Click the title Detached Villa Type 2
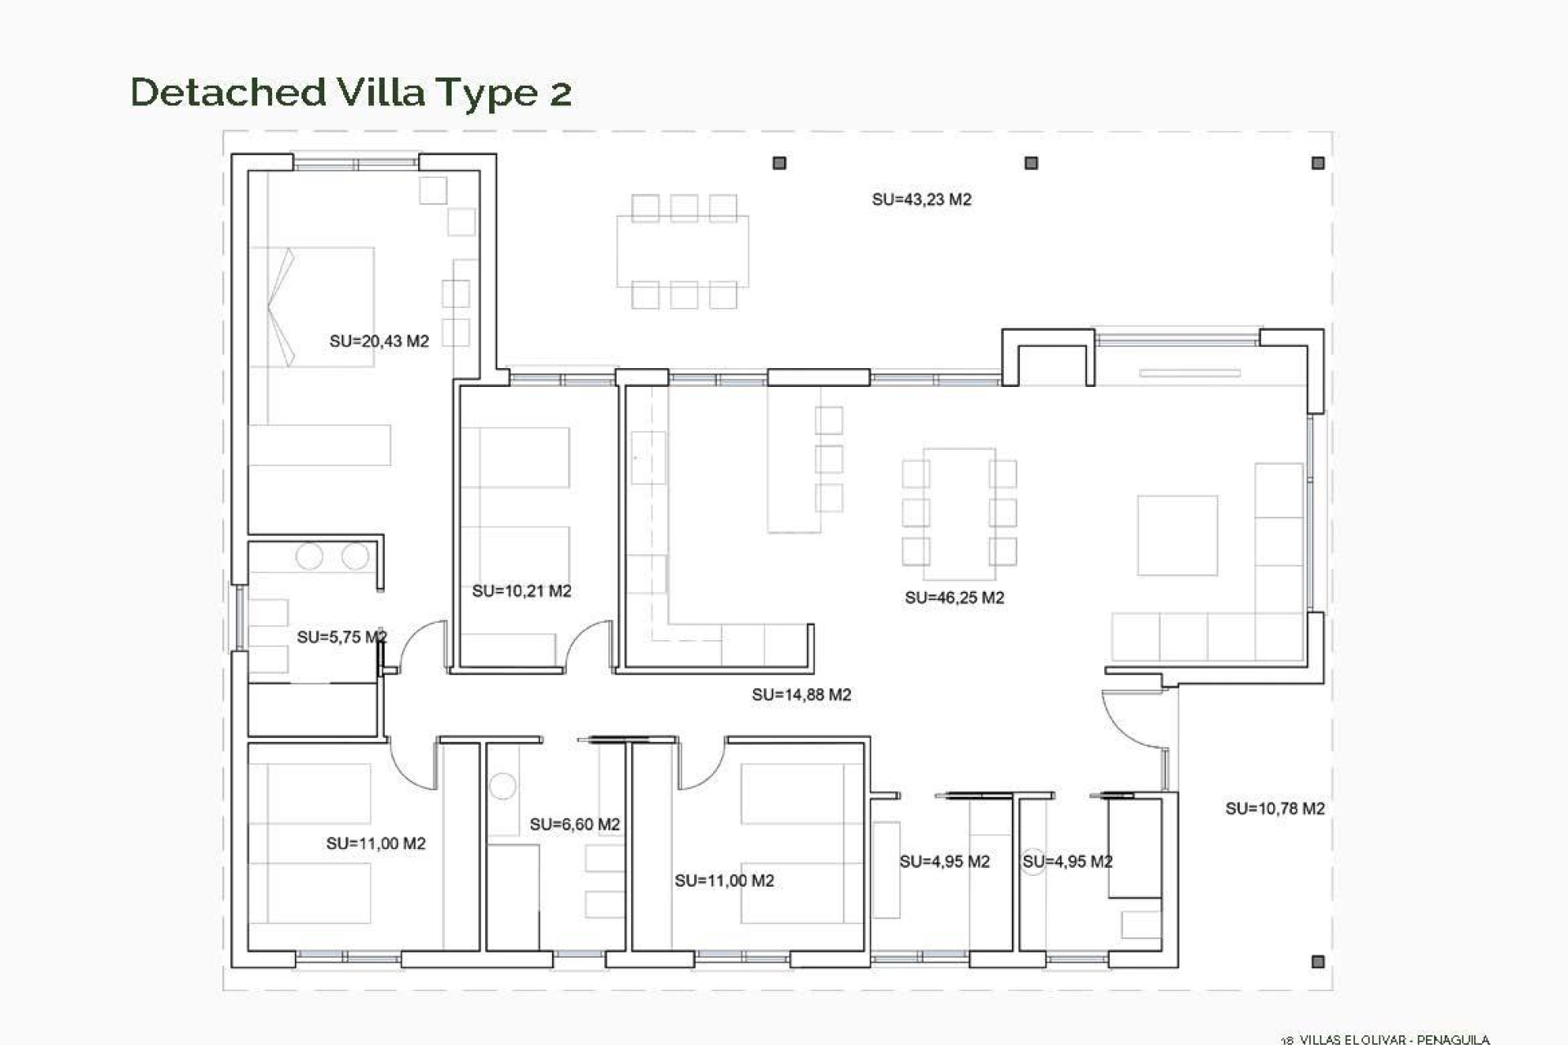click(x=350, y=92)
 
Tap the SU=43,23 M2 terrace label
click(x=921, y=200)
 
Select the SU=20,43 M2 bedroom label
click(x=379, y=341)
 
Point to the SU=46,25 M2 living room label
click(x=954, y=598)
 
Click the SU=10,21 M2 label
click(x=521, y=591)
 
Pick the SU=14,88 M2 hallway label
click(x=801, y=695)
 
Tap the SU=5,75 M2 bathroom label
click(x=341, y=637)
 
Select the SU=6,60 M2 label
click(x=574, y=825)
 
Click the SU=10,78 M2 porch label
click(x=1274, y=808)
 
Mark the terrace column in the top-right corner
click(x=1317, y=163)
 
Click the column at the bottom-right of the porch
click(x=1317, y=962)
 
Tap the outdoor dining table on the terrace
click(x=683, y=251)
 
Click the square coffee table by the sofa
click(x=1177, y=536)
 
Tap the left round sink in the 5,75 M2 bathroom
click(x=310, y=557)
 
